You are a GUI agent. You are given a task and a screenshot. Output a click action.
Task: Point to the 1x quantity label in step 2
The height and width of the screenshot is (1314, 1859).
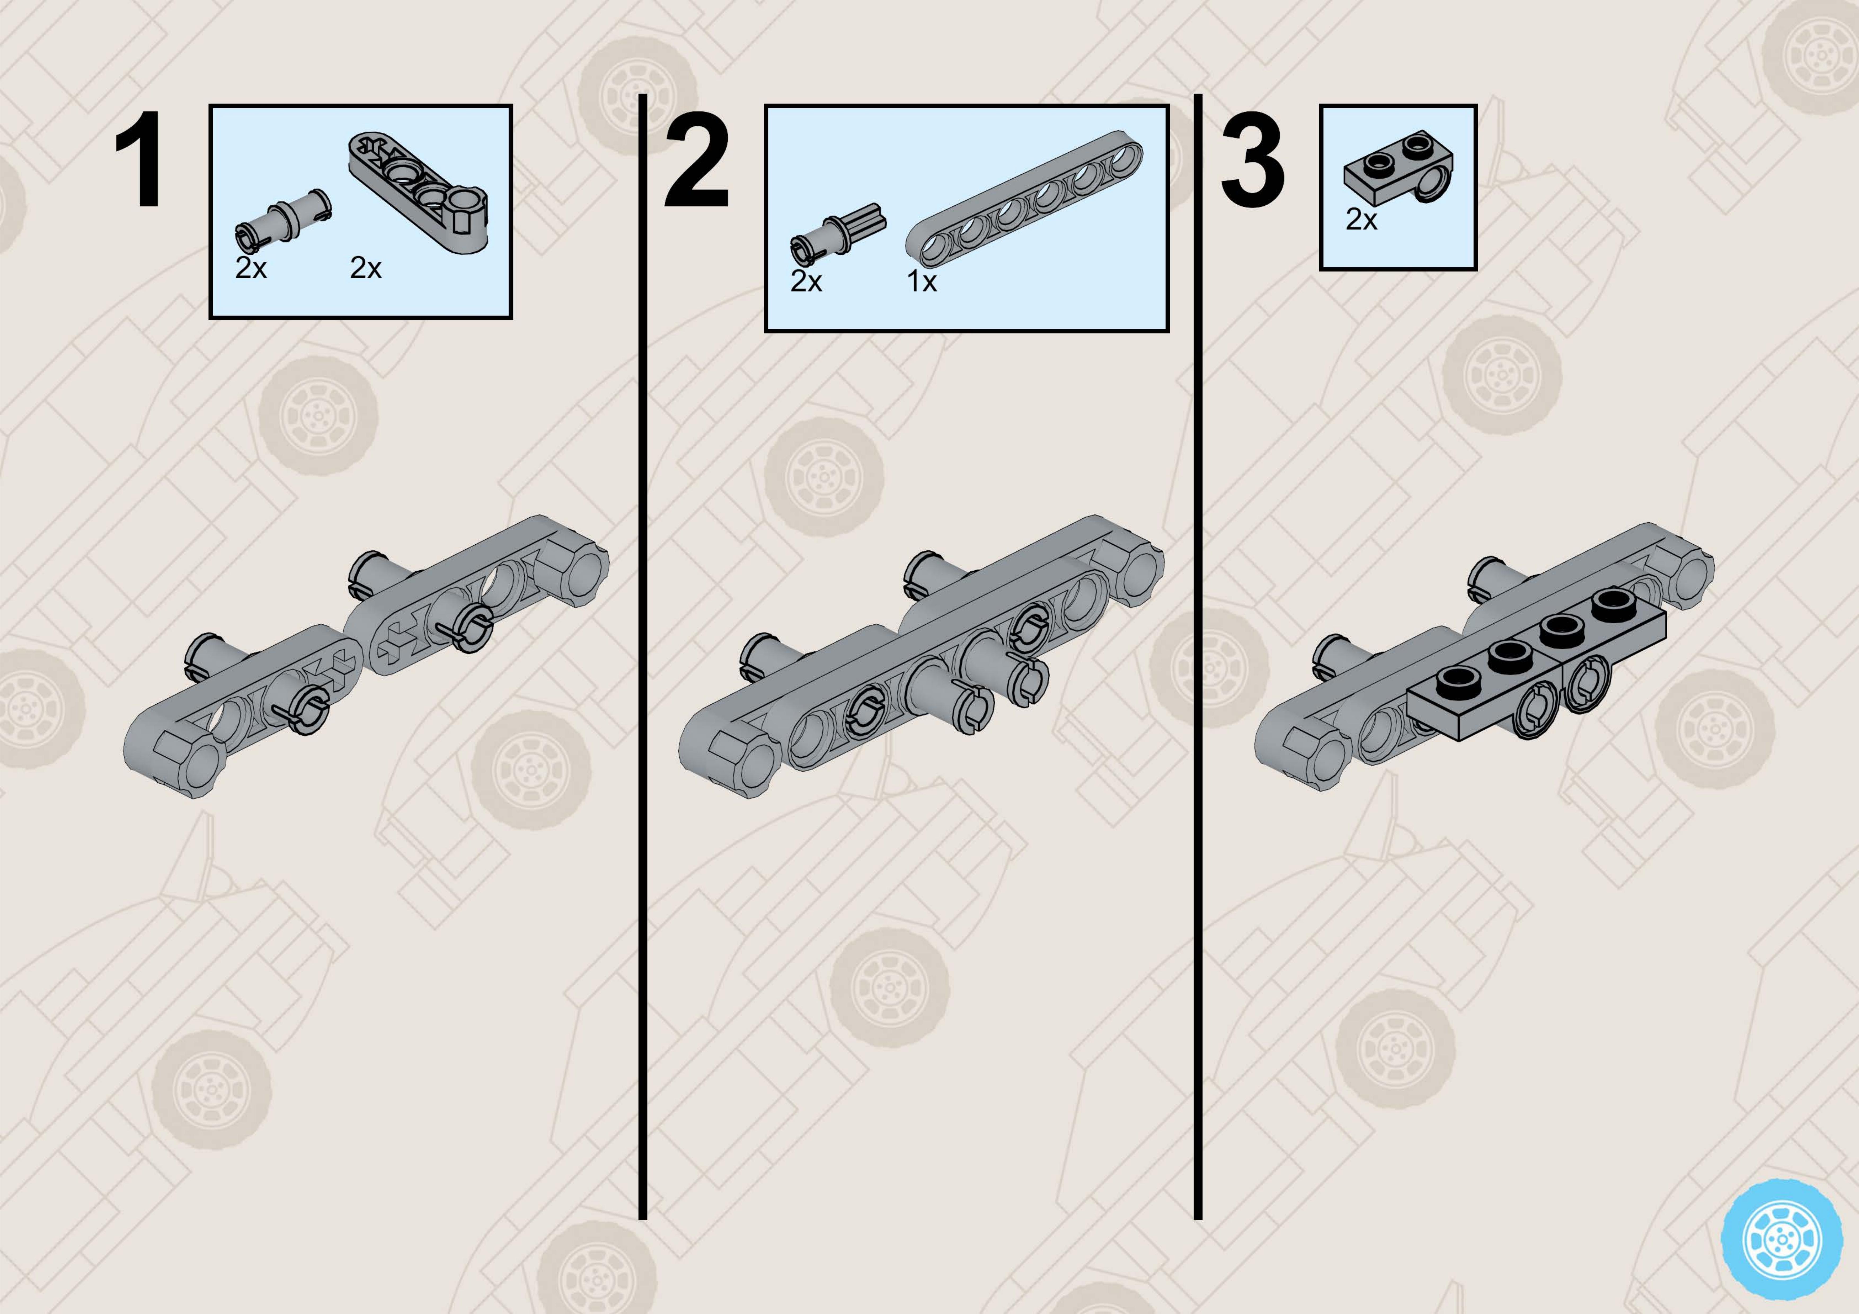point(921,282)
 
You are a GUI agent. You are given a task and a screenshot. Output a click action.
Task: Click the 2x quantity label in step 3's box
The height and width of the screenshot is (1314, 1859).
point(1361,219)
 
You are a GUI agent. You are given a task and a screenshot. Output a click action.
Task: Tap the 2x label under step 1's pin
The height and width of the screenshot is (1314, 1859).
point(251,268)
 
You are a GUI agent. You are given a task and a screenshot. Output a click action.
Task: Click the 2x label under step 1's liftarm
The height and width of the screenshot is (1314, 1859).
point(366,268)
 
